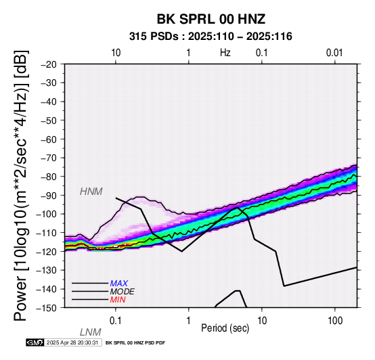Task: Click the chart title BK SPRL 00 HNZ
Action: (x=211, y=19)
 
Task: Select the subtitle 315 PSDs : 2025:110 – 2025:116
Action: (x=211, y=37)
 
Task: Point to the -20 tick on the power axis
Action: (x=49, y=64)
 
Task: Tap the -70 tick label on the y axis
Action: (x=49, y=158)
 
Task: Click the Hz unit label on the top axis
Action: (x=225, y=53)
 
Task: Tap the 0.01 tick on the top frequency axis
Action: (x=334, y=53)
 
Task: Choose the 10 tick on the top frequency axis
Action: (x=116, y=53)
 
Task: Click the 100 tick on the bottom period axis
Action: (x=335, y=321)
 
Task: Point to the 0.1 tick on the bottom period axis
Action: (x=116, y=321)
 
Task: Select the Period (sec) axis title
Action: (x=225, y=328)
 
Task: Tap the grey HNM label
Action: (x=91, y=192)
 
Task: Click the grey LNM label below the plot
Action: (x=91, y=332)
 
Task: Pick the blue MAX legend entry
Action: (x=119, y=284)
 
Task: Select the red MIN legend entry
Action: (x=118, y=300)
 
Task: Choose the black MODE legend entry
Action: (x=123, y=292)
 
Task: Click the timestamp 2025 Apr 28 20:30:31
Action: (x=72, y=342)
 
